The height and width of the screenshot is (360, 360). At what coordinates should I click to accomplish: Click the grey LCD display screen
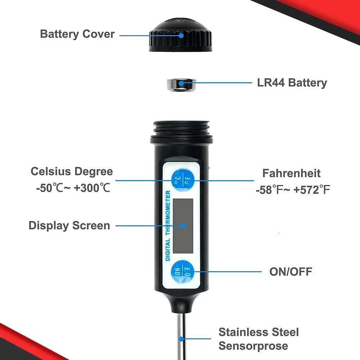pos(183,225)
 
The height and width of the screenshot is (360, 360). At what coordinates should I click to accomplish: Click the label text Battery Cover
pos(77,34)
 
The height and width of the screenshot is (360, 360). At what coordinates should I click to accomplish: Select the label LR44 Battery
pos(292,82)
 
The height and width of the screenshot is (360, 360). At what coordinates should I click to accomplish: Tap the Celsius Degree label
pos(72,171)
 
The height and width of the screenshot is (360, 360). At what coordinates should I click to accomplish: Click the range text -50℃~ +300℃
pos(73,188)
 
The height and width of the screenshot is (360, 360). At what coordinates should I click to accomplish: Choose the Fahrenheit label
pos(291,173)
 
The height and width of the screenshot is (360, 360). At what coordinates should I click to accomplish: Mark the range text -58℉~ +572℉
pos(293,190)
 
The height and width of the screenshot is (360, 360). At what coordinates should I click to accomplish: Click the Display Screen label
pos(69,226)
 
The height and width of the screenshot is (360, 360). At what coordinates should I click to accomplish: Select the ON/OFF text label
pos(291,271)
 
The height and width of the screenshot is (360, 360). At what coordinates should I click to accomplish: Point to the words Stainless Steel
pos(258,332)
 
